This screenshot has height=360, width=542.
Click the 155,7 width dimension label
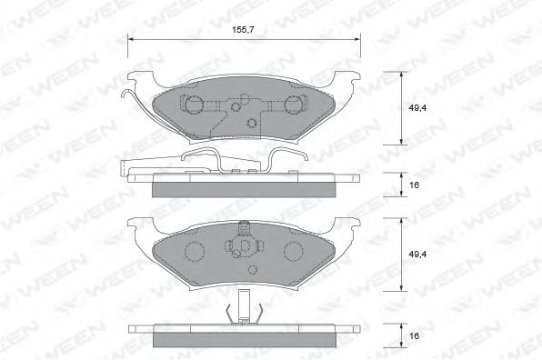coord(243,30)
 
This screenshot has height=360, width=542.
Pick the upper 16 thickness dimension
coord(414,185)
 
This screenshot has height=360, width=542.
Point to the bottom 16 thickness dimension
coord(414,335)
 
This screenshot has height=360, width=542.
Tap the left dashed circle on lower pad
coord(194,249)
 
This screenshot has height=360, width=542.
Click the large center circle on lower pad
coord(243,248)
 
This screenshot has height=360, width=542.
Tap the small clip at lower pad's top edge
coord(243,228)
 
